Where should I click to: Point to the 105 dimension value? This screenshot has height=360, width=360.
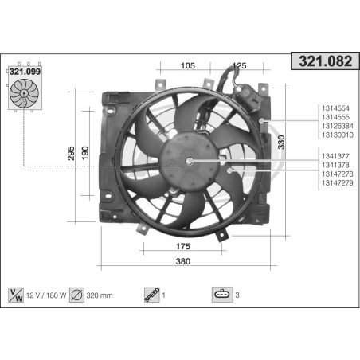coord(188,65)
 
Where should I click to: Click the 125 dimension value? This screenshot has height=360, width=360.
coord(238,65)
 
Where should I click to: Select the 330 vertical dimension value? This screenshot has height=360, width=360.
coord(281,142)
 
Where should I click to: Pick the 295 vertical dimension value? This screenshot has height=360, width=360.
coord(72,152)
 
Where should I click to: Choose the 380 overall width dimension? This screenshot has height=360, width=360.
coord(183,260)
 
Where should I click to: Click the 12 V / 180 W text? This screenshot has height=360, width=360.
coord(46,295)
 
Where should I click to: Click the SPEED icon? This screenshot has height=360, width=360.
coord(151,295)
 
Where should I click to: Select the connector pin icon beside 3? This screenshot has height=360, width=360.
coord(221,295)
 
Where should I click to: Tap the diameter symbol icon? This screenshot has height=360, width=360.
coord(77,295)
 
